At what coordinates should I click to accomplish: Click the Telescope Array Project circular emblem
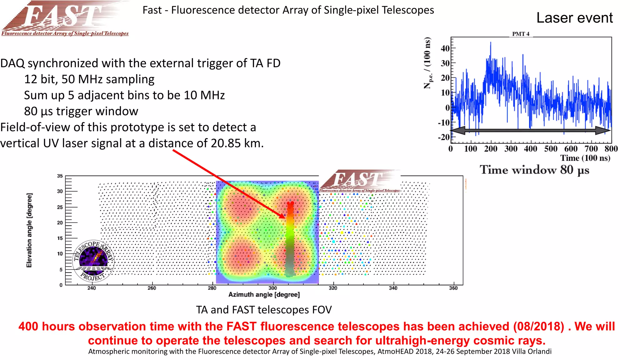point(93,261)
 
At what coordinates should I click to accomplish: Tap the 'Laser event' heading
point(574,18)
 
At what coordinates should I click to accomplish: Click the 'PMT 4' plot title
point(521,34)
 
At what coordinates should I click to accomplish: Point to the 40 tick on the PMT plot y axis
point(445,48)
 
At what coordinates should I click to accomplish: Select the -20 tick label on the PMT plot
point(444,137)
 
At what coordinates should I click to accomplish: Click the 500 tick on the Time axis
point(551,149)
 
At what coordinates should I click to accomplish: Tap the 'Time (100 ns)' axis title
point(585,158)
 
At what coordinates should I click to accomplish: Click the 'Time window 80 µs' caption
point(534,170)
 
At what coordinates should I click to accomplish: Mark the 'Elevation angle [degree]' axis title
point(29,230)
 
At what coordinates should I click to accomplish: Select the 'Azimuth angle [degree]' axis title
point(264,295)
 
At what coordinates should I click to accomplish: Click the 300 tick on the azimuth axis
point(272,288)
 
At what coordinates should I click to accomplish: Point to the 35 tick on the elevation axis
point(60,176)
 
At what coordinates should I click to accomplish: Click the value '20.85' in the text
point(225,143)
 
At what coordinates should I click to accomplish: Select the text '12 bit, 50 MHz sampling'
point(89,79)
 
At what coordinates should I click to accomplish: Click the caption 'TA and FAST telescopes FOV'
point(264,310)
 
